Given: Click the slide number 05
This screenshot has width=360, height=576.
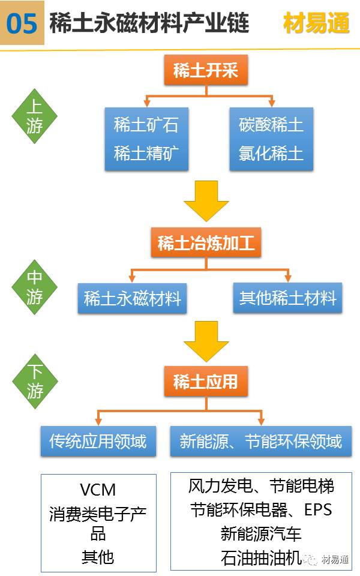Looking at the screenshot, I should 22,23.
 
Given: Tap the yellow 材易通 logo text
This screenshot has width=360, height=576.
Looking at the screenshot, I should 316,23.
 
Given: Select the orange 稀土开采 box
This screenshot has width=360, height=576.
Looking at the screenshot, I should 206,70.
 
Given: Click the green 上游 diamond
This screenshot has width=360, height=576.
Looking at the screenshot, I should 35,117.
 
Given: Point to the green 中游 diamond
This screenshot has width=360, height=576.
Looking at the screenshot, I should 35,287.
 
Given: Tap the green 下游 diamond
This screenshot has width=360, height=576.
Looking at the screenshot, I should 35,382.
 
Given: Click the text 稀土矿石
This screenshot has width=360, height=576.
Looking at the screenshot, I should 146,125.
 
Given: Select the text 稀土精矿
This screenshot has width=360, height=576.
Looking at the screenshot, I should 146,154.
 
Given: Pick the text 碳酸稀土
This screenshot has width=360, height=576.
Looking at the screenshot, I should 271,125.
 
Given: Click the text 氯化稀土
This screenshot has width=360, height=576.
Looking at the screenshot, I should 271,154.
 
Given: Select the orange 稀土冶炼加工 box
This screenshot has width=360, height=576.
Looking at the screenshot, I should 206,243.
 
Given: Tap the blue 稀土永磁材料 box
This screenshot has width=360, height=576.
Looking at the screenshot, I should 132,298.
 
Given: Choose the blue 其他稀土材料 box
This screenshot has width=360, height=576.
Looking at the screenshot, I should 287,298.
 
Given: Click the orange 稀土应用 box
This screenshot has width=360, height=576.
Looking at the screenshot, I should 206,382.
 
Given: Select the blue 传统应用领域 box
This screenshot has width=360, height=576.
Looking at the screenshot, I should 98,442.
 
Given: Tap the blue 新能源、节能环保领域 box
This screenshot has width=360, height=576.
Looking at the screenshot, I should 261,442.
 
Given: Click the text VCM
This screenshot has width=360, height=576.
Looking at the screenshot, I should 98,489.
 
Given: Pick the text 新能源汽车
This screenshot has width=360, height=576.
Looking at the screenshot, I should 261,533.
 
